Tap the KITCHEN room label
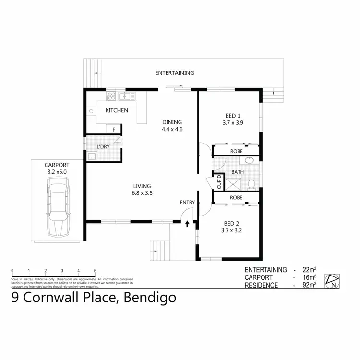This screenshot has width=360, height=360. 117,110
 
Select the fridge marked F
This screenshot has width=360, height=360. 114,130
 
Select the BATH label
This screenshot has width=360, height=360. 237,171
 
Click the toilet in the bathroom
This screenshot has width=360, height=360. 251,183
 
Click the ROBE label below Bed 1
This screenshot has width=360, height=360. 236,151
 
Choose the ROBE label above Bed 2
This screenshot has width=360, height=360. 236,197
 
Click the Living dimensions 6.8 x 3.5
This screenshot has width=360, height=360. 143,193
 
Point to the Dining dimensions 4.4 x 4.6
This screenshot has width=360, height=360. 172,129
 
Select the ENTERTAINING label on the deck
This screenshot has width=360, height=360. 174,73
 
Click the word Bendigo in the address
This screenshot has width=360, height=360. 150,298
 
